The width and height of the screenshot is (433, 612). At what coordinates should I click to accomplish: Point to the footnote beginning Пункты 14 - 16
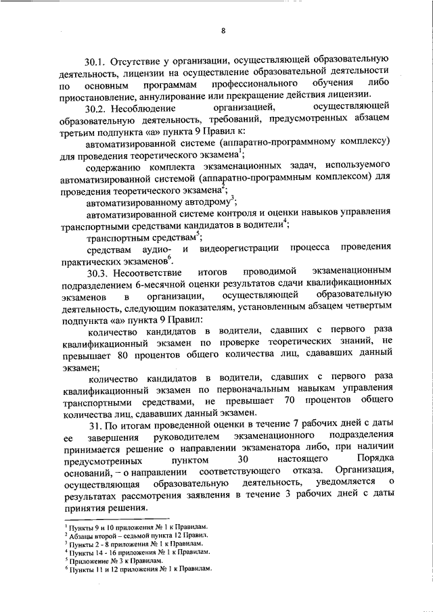(137, 552)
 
